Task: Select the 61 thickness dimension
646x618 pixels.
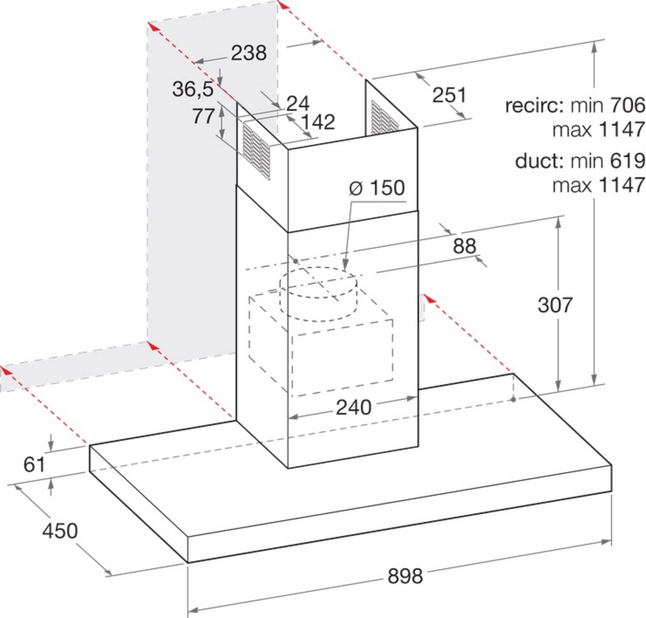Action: click(x=34, y=464)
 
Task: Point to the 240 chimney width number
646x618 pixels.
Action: click(x=353, y=407)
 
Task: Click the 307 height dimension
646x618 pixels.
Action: click(x=556, y=305)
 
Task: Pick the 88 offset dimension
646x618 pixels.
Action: click(x=464, y=246)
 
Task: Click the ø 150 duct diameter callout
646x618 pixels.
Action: click(x=377, y=188)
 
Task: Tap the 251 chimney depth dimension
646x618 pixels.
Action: click(x=450, y=95)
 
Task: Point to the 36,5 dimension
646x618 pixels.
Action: click(x=193, y=89)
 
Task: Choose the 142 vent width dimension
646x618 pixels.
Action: click(x=318, y=122)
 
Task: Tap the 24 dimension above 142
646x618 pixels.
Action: click(x=298, y=104)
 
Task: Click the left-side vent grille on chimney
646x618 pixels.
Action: click(x=257, y=151)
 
